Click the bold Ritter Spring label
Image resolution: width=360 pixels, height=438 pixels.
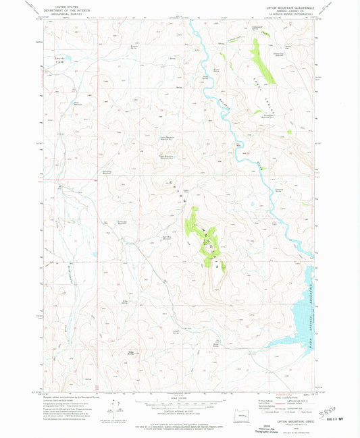coord(130,351)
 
